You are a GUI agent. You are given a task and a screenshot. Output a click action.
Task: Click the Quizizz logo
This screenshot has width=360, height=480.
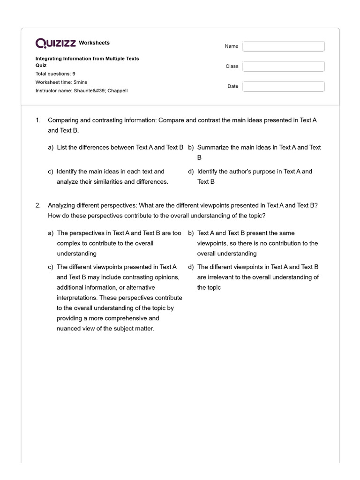click(x=56, y=43)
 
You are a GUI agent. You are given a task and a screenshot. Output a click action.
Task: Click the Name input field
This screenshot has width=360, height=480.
click(x=283, y=46)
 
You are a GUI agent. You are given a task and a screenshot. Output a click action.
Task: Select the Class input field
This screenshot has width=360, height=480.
click(x=283, y=66)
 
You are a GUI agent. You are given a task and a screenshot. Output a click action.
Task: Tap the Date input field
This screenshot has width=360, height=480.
click(x=283, y=86)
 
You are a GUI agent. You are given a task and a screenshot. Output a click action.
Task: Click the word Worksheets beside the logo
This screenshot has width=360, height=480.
click(x=94, y=43)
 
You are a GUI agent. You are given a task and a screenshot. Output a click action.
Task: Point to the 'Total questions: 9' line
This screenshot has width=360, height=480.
click(x=55, y=74)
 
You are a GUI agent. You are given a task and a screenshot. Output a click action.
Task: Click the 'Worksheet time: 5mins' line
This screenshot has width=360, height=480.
click(x=61, y=82)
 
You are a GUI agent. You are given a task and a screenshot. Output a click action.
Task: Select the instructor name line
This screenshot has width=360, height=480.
click(x=81, y=90)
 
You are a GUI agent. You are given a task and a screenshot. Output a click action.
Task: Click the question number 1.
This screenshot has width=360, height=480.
click(x=38, y=120)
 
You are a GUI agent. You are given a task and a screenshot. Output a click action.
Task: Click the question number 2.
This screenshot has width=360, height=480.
click(x=38, y=206)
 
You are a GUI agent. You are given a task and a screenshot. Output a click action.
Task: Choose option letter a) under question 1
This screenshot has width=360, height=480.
click(x=51, y=147)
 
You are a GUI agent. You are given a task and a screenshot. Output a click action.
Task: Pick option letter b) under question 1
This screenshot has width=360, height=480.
click(x=191, y=147)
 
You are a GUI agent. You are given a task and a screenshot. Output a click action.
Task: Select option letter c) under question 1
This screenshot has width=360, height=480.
click(x=51, y=172)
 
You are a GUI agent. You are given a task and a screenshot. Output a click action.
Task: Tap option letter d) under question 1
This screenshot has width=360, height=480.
click(x=191, y=172)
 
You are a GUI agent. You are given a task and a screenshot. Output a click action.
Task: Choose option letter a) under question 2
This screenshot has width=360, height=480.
click(x=51, y=233)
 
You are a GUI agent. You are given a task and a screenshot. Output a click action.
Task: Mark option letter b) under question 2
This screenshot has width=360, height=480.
click(x=191, y=233)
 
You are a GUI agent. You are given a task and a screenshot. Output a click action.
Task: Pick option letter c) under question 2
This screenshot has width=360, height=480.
click(x=51, y=267)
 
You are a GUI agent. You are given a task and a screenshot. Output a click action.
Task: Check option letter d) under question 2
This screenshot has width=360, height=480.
click(x=191, y=267)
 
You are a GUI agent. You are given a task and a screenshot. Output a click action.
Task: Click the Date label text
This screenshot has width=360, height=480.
click(x=233, y=86)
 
